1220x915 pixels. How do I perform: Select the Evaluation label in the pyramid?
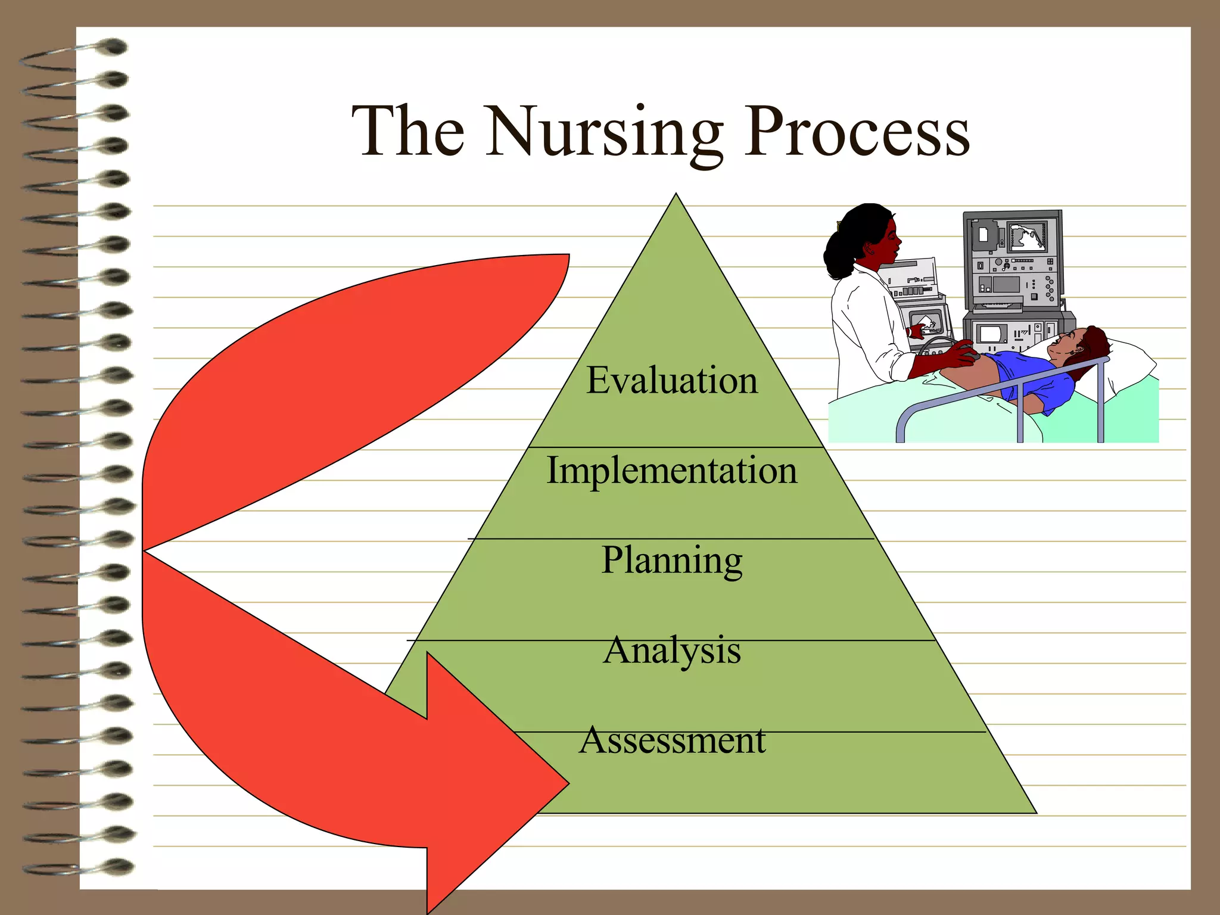coord(672,381)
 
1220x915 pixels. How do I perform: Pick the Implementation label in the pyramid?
coord(672,471)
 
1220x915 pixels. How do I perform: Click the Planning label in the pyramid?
coord(672,561)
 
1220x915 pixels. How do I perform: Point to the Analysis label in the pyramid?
coord(672,650)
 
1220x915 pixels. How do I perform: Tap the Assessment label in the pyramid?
coord(672,740)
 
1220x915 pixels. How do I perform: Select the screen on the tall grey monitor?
coord(1027,235)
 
